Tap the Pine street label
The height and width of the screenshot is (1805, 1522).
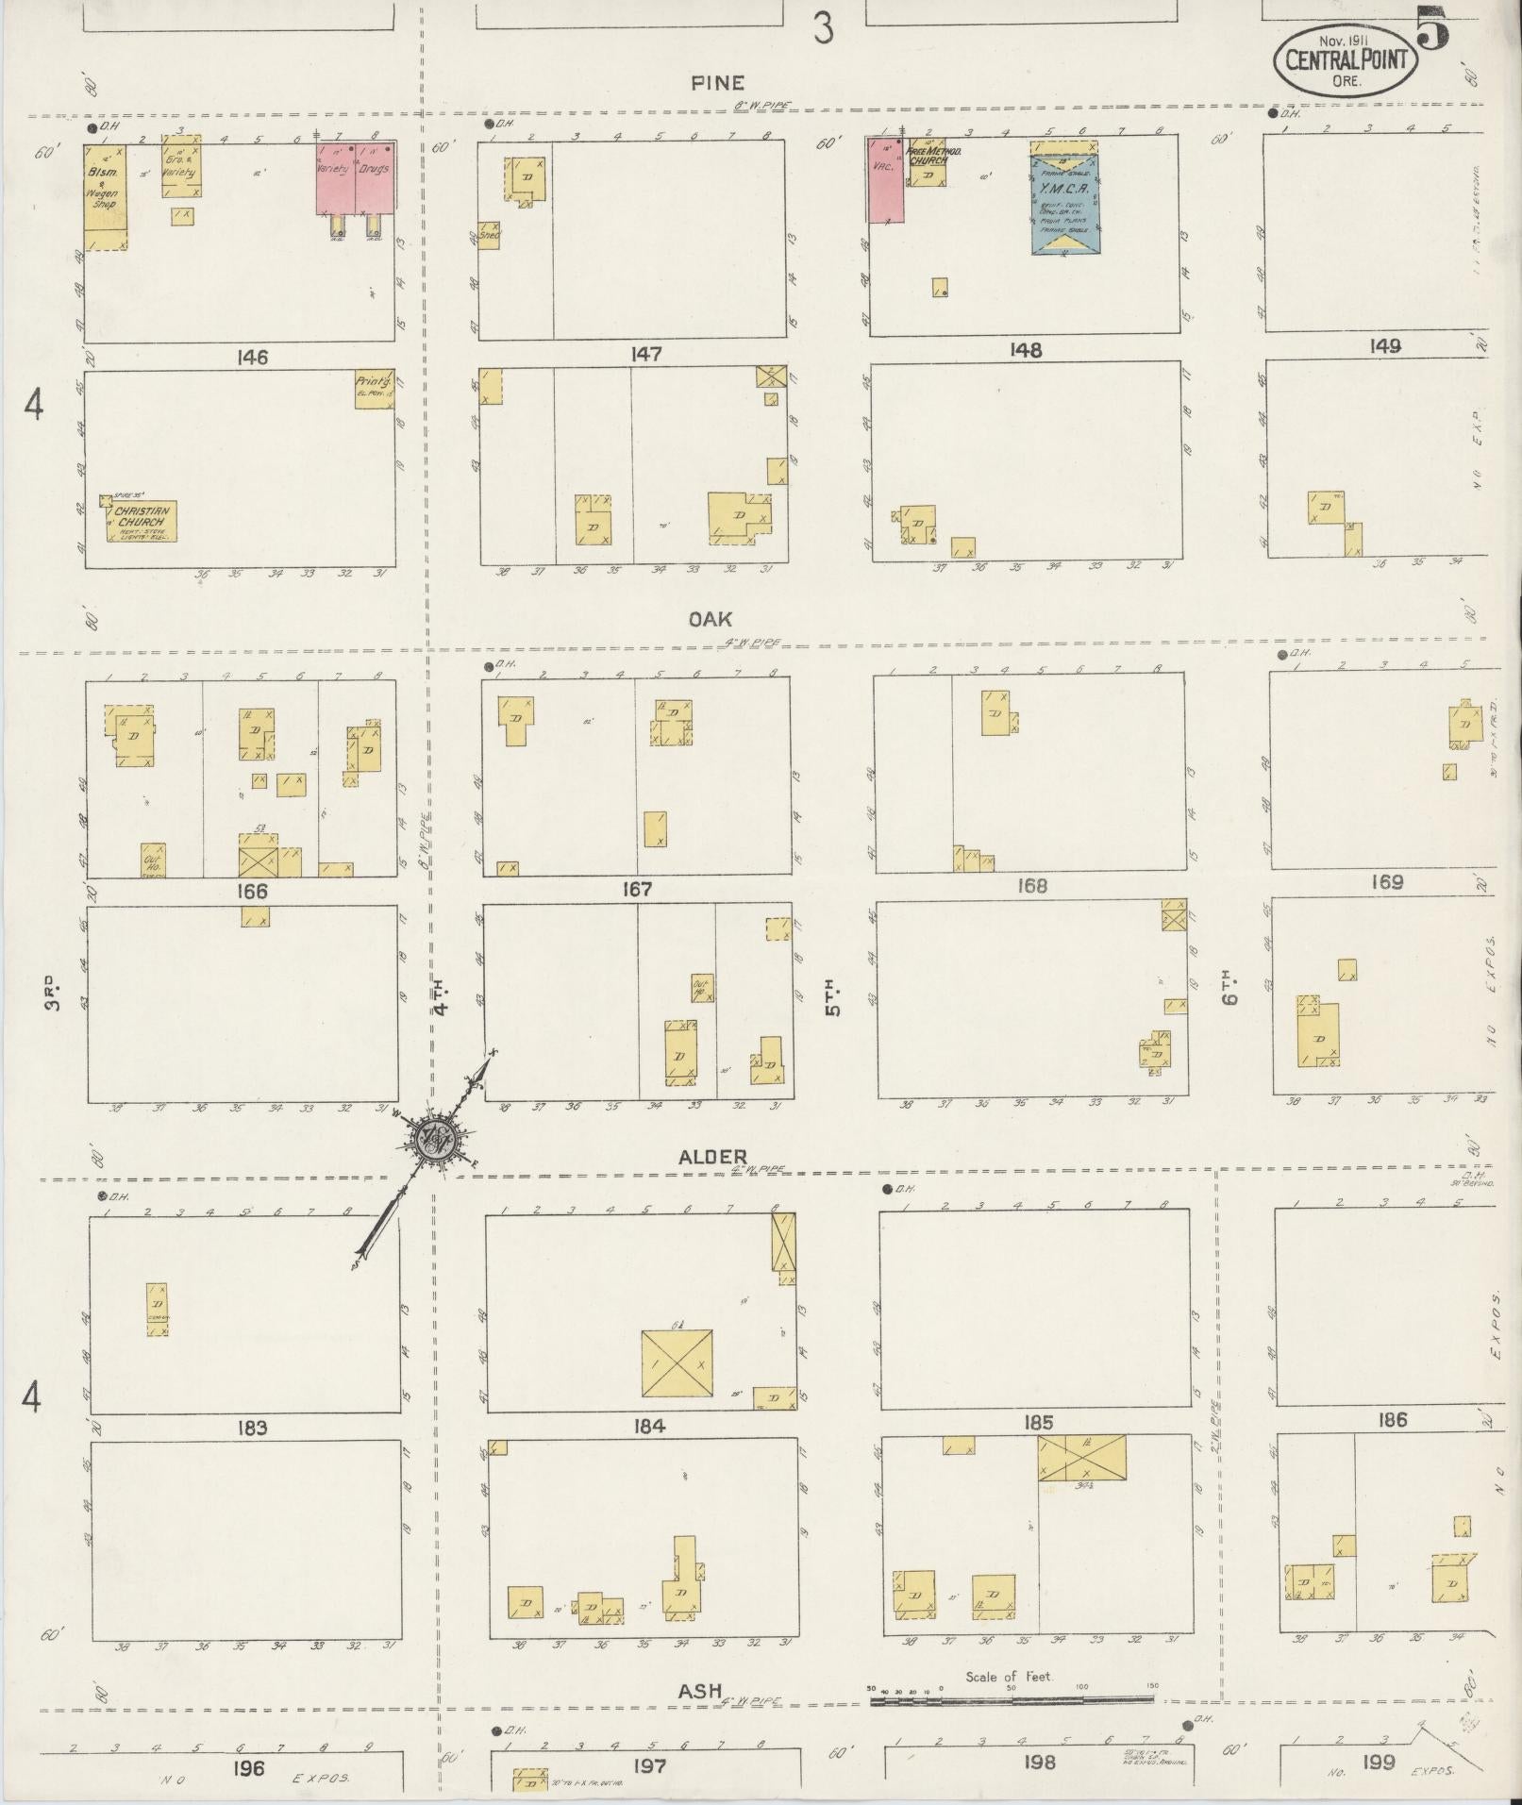[717, 84]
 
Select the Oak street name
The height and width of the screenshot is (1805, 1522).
[710, 619]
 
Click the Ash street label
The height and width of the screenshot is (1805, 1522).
[700, 1692]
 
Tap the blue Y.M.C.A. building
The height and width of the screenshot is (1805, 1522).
[1064, 198]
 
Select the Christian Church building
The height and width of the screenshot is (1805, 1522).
[140, 521]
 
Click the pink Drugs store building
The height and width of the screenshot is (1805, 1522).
[375, 178]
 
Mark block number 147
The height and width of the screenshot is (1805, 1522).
[646, 355]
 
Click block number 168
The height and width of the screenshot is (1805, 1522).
[1027, 886]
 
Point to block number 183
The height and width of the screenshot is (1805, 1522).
[252, 1429]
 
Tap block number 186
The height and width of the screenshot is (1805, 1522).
[1391, 1419]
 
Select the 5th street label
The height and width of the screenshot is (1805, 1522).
[832, 999]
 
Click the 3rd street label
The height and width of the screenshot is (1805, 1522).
[53, 997]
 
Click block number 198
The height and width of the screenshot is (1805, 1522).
[1038, 1762]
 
